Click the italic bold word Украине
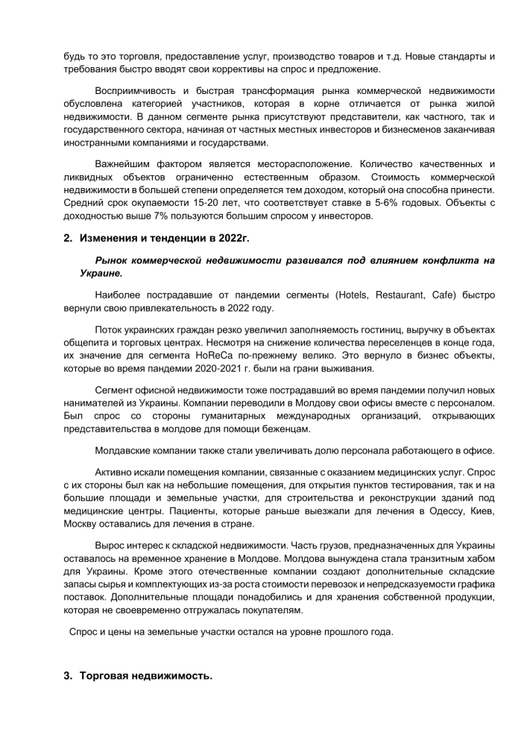coord(101,274)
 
